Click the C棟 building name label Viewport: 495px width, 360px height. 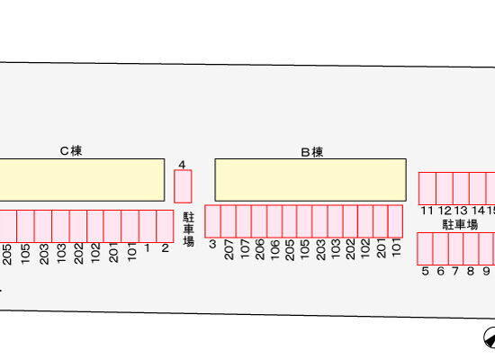pos(71,151)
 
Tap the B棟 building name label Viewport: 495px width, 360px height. pos(312,152)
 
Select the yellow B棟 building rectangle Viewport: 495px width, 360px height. pos(310,180)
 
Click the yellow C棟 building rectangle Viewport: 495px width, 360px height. pos(82,180)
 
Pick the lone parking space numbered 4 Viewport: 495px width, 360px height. pos(183,186)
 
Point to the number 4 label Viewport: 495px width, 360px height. pos(182,165)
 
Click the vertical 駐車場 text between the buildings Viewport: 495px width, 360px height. pos(188,229)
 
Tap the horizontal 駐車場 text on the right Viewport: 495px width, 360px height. pos(460,225)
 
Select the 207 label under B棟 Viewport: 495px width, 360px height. pos(229,249)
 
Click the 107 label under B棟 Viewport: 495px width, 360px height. pos(244,248)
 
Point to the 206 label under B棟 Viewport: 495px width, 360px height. pos(259,249)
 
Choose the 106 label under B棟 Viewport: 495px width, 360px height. pos(274,249)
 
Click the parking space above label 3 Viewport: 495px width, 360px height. pos(212,221)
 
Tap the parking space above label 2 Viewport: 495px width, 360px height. pos(165,226)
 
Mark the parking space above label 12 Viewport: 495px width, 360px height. pos(445,188)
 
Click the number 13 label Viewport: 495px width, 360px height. pos(461,211)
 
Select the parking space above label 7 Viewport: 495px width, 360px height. pos(455,248)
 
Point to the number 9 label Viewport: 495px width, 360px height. pos(486,271)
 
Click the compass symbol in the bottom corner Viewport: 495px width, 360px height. pos(490,337)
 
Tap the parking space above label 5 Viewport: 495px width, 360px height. pos(425,248)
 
